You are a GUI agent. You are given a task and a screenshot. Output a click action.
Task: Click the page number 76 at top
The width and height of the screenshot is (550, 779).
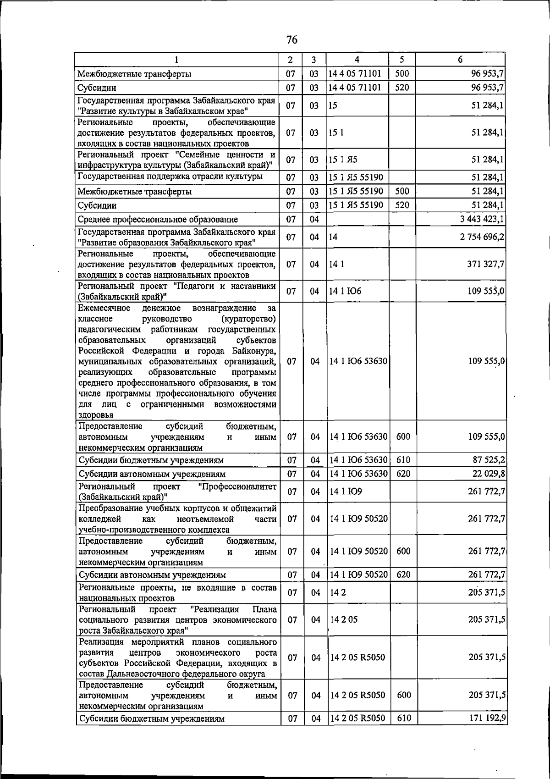coord(291,40)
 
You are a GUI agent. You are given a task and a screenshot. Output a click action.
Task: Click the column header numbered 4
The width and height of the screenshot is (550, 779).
coord(357,60)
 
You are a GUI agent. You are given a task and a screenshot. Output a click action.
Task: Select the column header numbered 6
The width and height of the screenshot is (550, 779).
coord(460,60)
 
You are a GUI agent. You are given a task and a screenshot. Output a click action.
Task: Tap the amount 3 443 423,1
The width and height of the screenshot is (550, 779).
coord(482,219)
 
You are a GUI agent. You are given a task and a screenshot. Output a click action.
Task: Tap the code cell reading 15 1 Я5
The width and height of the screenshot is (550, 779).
coord(343,160)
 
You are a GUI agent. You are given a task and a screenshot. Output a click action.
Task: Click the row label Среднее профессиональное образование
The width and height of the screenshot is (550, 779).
coord(158,220)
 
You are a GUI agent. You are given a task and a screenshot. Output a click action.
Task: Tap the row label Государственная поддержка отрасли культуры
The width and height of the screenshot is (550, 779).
coord(170,177)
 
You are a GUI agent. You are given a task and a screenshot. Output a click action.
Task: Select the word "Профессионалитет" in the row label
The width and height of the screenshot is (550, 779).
coord(238,486)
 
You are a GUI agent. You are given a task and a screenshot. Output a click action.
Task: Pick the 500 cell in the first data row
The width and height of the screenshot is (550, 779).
coord(401,73)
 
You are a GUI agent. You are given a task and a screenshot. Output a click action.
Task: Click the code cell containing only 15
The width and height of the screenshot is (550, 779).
coord(333,106)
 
